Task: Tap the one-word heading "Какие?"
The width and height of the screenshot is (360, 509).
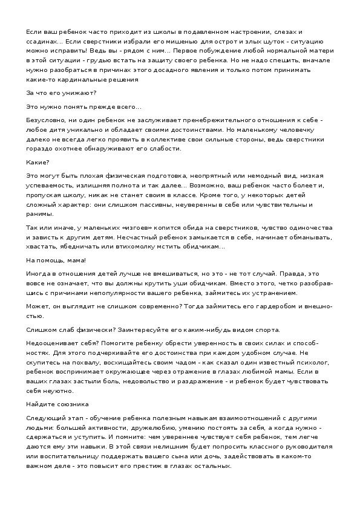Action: [x=38, y=163]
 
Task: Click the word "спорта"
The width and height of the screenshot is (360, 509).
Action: [x=267, y=330]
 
